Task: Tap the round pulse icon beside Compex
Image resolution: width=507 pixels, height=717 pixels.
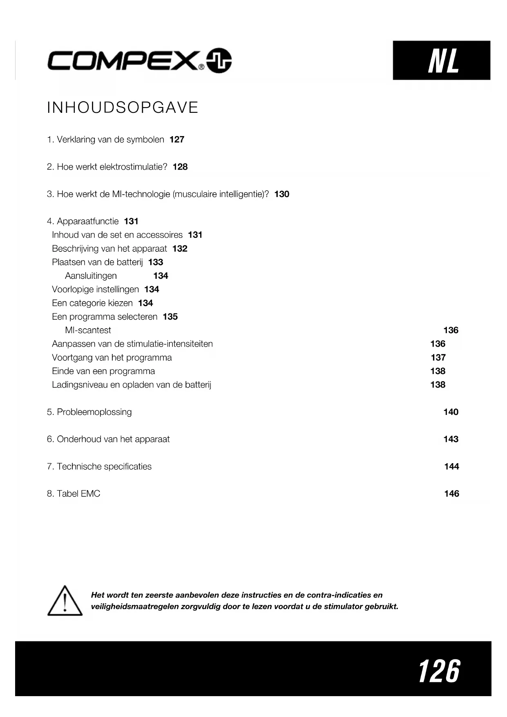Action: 219,60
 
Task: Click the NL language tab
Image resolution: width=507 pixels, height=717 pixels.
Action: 441,60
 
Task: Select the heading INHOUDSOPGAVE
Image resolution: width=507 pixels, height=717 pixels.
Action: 123,108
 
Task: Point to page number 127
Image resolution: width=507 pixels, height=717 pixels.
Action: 177,139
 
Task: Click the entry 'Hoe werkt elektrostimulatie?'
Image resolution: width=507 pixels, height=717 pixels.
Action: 112,167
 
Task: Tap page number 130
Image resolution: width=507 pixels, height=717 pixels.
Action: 281,194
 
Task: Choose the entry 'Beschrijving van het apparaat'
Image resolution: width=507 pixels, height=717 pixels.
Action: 109,249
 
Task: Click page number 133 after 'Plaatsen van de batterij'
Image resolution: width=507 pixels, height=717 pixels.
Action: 156,262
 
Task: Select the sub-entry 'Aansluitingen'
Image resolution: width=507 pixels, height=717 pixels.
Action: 91,276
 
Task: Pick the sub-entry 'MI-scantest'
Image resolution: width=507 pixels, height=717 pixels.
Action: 88,330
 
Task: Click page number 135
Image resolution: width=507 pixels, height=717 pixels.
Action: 170,317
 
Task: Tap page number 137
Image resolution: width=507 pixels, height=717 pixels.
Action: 438,358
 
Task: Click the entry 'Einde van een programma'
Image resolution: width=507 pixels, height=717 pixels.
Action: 103,371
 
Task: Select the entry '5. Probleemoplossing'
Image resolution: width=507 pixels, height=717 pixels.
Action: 89,412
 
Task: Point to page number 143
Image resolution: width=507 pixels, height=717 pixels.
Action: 451,439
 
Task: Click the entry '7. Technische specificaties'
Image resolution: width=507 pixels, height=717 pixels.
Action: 99,466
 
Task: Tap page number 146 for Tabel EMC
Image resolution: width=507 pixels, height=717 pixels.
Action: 451,494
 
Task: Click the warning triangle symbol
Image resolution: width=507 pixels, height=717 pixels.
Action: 65,601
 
